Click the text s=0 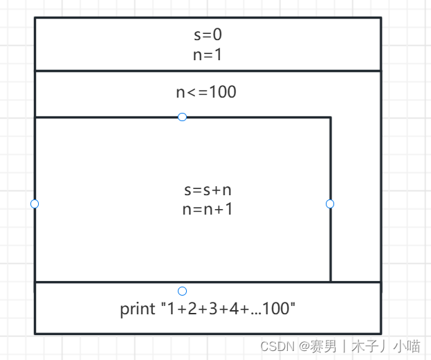(208, 35)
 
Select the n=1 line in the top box (208, 54)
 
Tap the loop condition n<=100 (206, 91)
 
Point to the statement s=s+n (208, 190)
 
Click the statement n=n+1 (208, 208)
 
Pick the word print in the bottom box (136, 309)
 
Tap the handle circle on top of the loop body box (182, 117)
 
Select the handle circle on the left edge (35, 204)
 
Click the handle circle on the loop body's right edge (330, 204)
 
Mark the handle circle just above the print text (182, 291)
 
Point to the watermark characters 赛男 (324, 345)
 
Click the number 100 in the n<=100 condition (222, 91)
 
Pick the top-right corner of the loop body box (330, 118)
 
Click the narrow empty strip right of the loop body (356, 201)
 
